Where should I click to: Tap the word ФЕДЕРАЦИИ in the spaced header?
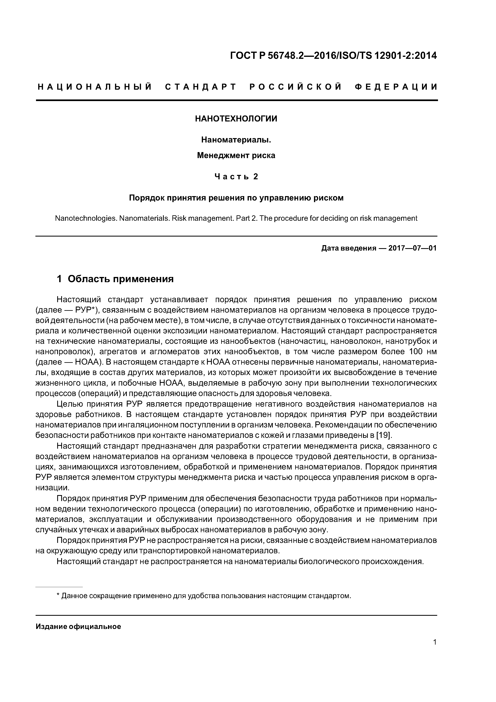pyautogui.click(x=396, y=87)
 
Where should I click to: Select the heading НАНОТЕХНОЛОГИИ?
pyautogui.click(x=236, y=119)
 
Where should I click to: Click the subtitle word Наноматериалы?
pyautogui.click(x=236, y=140)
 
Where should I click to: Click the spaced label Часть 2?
pyautogui.click(x=236, y=177)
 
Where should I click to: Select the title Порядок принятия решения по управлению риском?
pyautogui.click(x=236, y=198)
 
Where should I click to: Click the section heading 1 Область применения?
pyautogui.click(x=115, y=279)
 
